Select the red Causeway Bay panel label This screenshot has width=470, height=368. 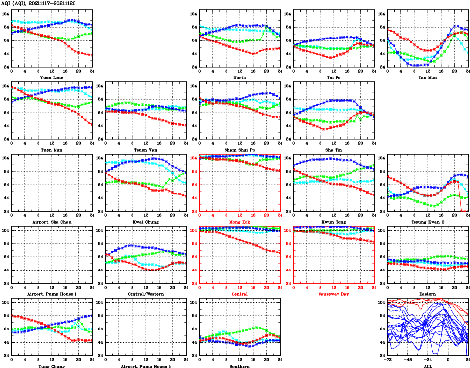pos(334,294)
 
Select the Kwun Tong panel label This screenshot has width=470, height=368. pos(334,222)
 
